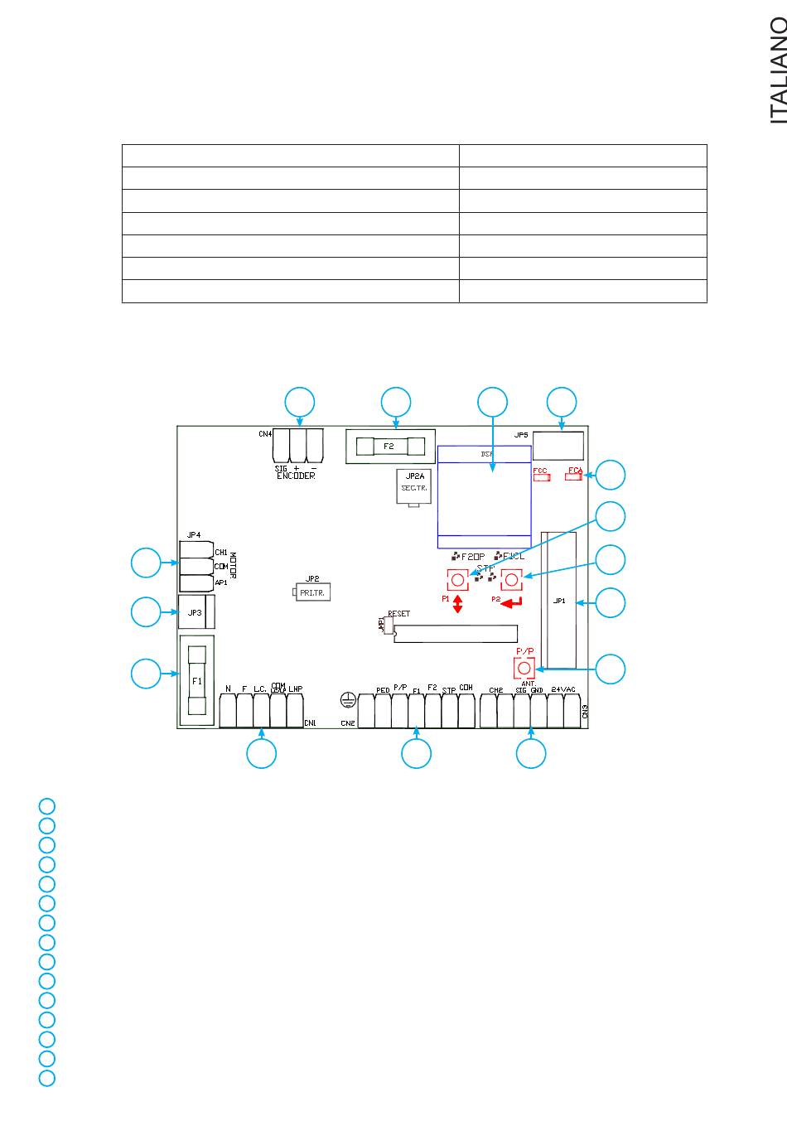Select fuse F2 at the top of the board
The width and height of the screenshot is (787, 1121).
point(390,447)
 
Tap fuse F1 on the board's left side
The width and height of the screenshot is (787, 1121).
point(197,681)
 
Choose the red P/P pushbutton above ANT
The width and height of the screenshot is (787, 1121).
point(524,668)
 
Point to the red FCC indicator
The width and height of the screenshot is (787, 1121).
point(542,476)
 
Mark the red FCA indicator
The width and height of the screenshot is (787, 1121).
point(575,475)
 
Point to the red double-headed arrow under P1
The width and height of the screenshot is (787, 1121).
point(457,604)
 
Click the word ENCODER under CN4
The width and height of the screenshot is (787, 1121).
point(296,476)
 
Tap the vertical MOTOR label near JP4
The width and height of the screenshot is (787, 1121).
point(234,567)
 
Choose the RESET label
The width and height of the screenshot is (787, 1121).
point(398,615)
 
